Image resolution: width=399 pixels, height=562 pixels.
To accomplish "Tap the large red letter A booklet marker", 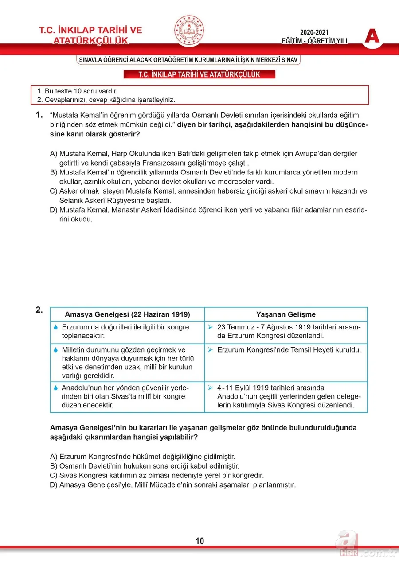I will [x=372, y=36].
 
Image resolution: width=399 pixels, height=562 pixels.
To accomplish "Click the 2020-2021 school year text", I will [x=314, y=33].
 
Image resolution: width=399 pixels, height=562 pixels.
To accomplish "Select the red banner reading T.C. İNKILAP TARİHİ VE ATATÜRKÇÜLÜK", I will [x=199, y=74].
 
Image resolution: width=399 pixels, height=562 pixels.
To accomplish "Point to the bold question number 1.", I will [x=39, y=115].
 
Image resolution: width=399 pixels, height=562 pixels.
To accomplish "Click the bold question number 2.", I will [x=39, y=310].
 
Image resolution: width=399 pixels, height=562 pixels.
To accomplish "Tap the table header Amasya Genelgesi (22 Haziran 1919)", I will [x=127, y=314].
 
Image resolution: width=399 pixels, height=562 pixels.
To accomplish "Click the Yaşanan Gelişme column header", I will [x=286, y=314].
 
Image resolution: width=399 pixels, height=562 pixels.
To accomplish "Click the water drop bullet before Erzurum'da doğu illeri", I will [x=56, y=327].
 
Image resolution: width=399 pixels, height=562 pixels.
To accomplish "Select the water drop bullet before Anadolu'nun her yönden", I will [x=56, y=388].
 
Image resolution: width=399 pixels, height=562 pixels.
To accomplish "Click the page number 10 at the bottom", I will [x=199, y=541].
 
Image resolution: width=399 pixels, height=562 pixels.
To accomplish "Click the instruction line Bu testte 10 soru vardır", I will [x=77, y=91].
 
